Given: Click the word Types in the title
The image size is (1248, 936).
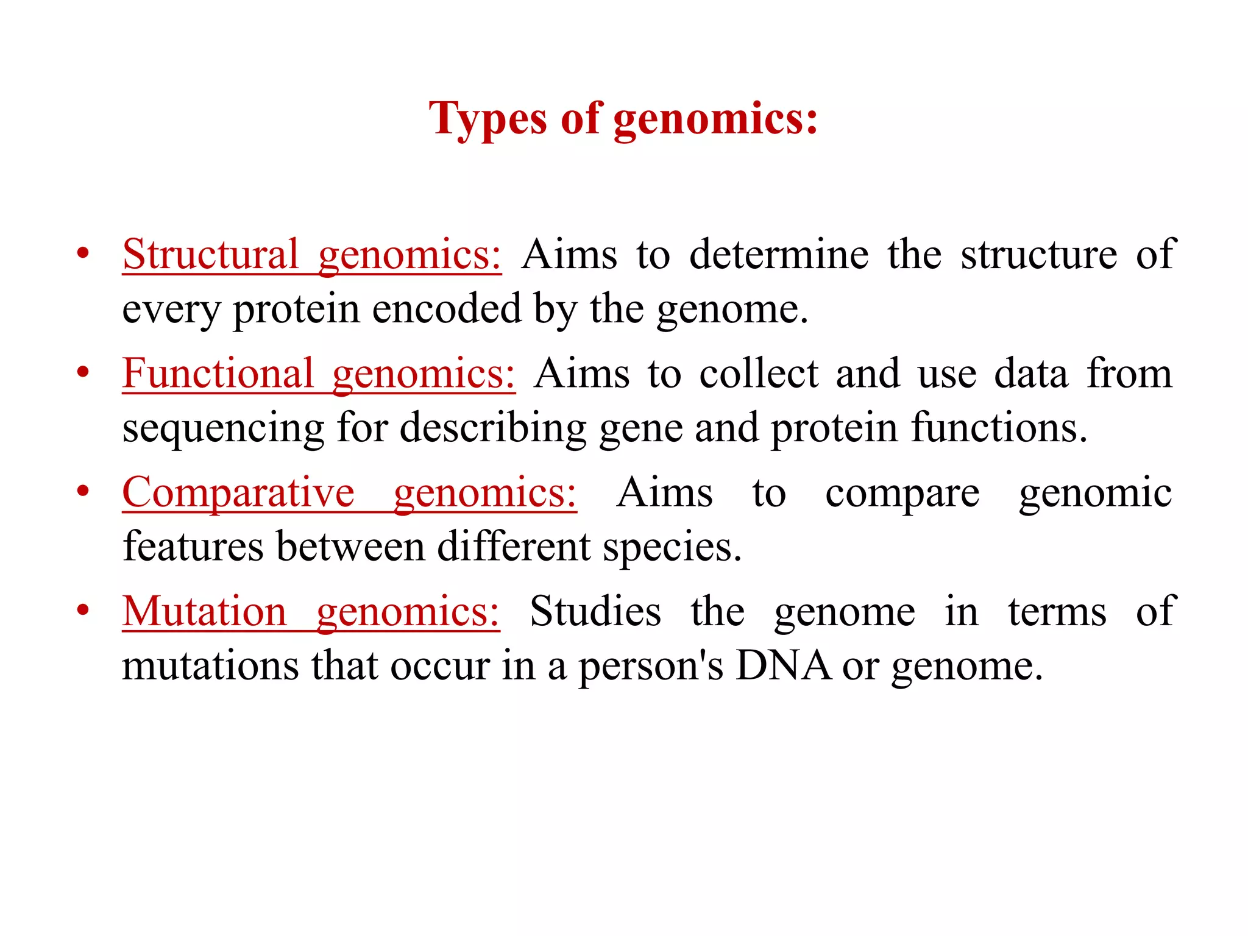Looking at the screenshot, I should pos(487,119).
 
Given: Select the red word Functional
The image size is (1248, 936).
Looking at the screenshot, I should pos(218,373).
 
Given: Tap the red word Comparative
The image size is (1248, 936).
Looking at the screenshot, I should pos(238,492).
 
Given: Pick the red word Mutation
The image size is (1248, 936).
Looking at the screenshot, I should pos(204,611).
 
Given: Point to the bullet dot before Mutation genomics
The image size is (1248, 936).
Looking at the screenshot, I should pos(83,609).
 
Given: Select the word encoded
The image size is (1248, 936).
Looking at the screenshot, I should pos(447,308).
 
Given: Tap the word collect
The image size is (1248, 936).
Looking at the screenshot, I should pos(759,373).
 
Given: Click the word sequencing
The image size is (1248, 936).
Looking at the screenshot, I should pos(223,428).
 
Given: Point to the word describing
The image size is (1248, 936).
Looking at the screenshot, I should pos(493,428).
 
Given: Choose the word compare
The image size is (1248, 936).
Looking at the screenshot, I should pos(902,493).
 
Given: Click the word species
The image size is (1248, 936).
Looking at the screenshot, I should pos(672,547).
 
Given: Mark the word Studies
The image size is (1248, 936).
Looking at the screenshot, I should pos(595,611).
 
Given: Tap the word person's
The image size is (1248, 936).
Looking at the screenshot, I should pos(651,666).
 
